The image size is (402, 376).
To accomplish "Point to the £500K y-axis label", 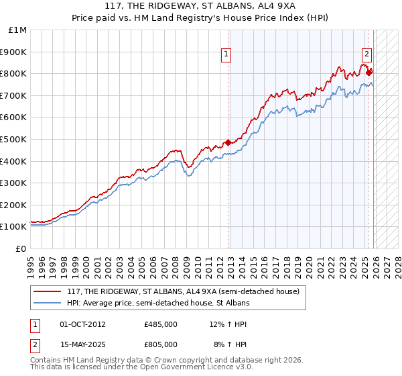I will (14, 139).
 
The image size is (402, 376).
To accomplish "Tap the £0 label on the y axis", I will (21, 248).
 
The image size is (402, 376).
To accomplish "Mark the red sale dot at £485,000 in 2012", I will (228, 142).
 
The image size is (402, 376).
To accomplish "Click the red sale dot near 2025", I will (368, 72).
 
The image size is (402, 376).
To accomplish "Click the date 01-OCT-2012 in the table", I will (82, 324).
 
